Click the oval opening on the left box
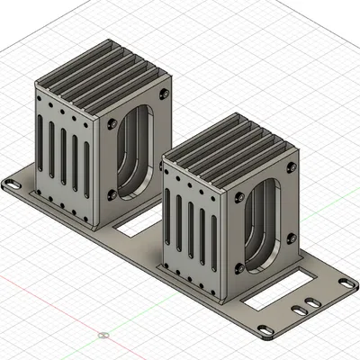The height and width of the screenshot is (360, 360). point(141,148)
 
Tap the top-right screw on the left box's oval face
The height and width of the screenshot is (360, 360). point(163,93)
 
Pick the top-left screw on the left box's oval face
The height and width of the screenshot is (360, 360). point(112,123)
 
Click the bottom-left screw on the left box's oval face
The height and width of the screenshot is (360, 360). point(112,193)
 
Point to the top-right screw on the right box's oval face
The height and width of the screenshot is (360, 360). point(292,168)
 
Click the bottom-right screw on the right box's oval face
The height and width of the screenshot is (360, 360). point(290,238)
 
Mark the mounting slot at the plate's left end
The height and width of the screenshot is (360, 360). point(13,184)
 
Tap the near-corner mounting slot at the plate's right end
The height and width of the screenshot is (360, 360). point(266,330)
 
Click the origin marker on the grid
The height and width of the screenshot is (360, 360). point(103,335)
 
